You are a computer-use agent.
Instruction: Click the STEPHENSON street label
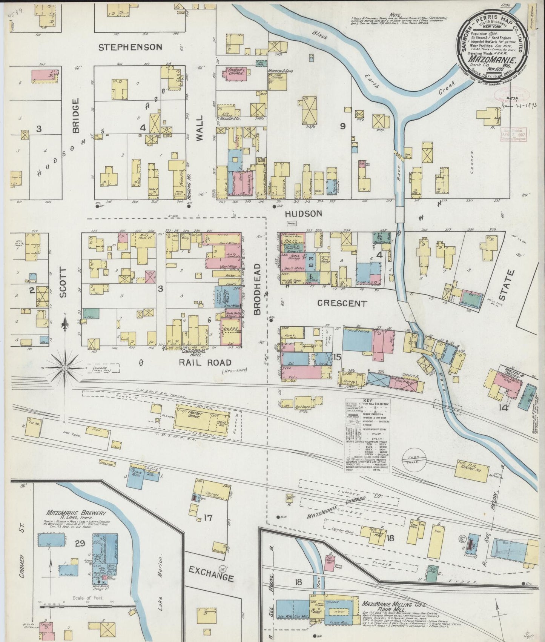click(130, 47)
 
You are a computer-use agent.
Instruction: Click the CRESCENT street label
click(342, 303)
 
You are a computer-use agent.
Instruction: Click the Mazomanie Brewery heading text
click(77, 514)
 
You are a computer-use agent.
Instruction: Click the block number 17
click(208, 518)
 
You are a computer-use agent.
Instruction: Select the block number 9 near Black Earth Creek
click(342, 126)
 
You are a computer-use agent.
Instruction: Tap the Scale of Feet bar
click(87, 608)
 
